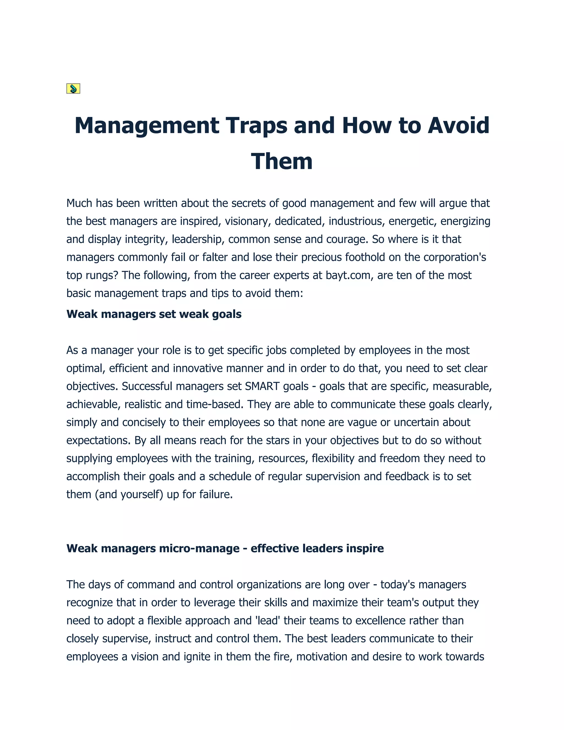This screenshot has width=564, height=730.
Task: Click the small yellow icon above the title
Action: (73, 89)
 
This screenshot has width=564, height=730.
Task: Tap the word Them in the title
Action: (282, 161)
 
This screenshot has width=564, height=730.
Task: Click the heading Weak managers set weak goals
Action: (154, 314)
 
